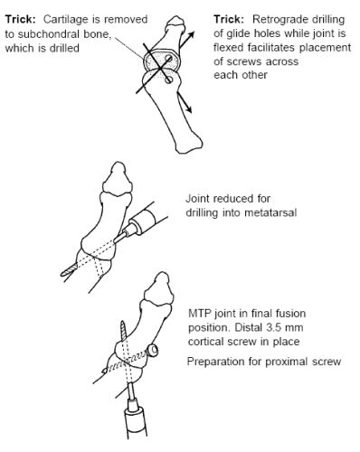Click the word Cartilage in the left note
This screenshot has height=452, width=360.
coord(64,20)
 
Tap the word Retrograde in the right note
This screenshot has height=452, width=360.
coord(279,20)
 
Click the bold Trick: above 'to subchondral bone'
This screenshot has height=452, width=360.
coord(21,19)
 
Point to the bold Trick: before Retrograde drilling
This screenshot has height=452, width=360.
coord(229,19)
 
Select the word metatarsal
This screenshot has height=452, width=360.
coord(270,212)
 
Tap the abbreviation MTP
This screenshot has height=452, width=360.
coord(200,313)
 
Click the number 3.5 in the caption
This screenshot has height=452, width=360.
coord(275,327)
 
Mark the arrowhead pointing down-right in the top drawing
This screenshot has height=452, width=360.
coord(188,108)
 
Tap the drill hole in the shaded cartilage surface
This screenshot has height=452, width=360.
coord(168,59)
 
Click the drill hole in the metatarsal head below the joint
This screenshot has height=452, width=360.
coord(169,80)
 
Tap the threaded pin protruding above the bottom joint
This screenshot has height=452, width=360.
coord(124,332)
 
